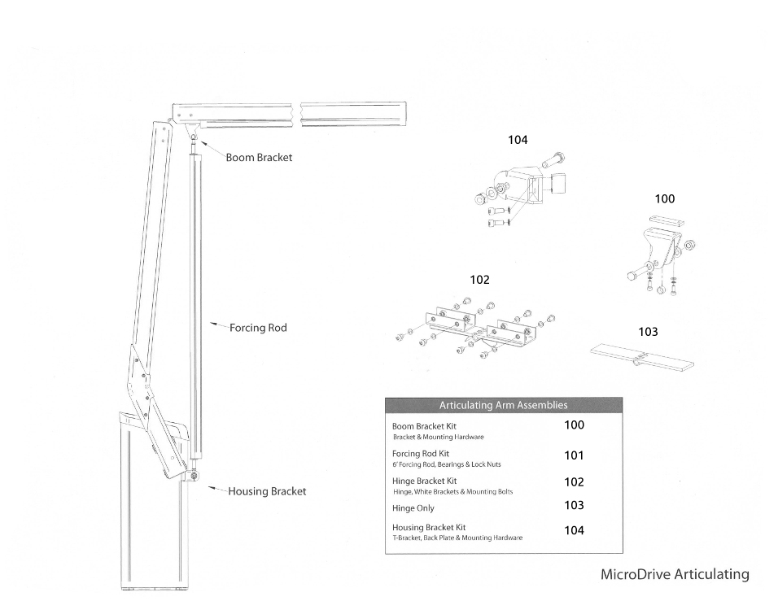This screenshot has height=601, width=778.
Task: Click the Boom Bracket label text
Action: (259, 157)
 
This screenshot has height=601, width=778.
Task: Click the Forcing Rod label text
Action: (258, 328)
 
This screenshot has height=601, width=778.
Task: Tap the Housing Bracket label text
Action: (267, 491)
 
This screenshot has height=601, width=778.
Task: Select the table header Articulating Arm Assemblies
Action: (503, 405)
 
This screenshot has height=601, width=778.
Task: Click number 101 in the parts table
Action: (574, 455)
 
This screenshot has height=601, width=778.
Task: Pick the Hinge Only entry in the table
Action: (413, 508)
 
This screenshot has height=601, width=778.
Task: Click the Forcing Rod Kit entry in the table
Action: (421, 454)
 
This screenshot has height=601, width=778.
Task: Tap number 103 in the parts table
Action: (574, 505)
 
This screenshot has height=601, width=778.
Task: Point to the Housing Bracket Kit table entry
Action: (429, 527)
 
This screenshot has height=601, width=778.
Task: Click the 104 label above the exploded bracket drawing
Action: (518, 140)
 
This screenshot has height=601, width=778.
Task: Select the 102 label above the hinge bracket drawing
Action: (479, 280)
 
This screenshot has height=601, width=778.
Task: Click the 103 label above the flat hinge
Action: (648, 332)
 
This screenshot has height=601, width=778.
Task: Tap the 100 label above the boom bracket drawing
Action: (665, 198)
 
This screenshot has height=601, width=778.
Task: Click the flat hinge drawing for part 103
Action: (642, 356)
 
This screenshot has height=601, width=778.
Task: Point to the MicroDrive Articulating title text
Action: (674, 574)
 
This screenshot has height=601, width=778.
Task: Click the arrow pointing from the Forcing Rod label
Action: (217, 325)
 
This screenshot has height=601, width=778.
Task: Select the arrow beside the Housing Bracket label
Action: (216, 489)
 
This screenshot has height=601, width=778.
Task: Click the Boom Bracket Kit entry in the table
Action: (424, 426)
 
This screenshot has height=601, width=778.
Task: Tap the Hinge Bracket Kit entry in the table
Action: (425, 481)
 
